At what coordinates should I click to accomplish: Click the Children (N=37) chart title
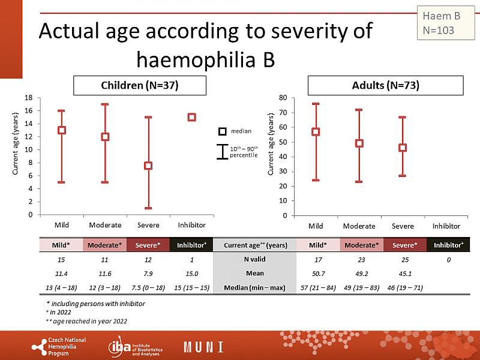pyautogui.click(x=139, y=86)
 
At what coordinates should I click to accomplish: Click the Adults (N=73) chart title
pyautogui.click(x=385, y=86)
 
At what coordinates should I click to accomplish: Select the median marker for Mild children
pyautogui.click(x=61, y=130)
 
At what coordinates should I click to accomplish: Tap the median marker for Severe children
pyautogui.click(x=148, y=166)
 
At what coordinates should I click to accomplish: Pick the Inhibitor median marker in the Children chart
pyautogui.click(x=191, y=117)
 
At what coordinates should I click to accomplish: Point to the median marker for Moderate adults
pyautogui.click(x=359, y=143)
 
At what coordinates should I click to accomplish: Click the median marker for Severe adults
pyautogui.click(x=403, y=148)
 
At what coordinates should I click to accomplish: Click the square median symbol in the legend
pyautogui.click(x=221, y=131)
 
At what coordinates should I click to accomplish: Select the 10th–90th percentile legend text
pyautogui.click(x=244, y=151)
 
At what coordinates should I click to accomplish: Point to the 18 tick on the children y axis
pyautogui.click(x=29, y=98)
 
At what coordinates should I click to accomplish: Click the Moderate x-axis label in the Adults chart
pyautogui.click(x=359, y=226)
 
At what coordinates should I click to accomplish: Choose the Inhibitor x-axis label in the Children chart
pyautogui.click(x=191, y=225)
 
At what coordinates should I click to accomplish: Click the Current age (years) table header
pyautogui.click(x=255, y=245)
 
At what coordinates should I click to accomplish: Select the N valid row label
pyautogui.click(x=255, y=259)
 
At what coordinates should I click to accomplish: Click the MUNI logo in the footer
pyautogui.click(x=203, y=347)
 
